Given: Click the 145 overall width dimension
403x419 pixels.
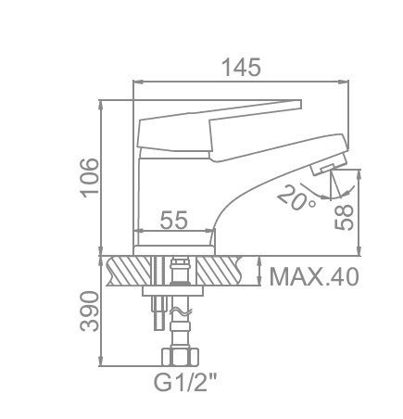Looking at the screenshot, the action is [242, 68].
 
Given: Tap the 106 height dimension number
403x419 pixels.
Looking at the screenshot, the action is [89, 178].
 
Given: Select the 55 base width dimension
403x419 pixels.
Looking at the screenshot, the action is [174, 220].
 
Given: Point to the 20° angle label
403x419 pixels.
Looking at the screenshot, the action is [296, 197].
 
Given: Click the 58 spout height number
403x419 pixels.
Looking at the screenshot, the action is [344, 217].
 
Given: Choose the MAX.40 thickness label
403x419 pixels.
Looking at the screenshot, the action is [314, 277].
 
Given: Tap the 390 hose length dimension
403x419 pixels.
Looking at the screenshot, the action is [89, 311].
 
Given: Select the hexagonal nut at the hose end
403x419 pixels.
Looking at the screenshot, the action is [181, 357].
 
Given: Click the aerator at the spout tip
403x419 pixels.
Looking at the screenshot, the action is [329, 165].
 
